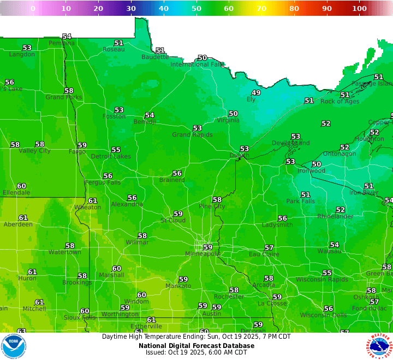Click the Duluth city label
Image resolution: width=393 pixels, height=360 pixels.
[x=240, y=156]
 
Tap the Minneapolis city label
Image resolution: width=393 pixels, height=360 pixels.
[x=203, y=254]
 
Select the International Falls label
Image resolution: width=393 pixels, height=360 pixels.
[x=197, y=64]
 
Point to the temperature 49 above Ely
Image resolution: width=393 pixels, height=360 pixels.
[x=255, y=93]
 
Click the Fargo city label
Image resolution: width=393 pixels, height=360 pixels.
[x=77, y=152]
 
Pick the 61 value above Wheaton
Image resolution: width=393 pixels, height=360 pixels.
[x=93, y=201]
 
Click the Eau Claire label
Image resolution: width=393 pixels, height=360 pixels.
[x=264, y=255]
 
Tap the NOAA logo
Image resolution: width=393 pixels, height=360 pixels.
[x=14, y=346]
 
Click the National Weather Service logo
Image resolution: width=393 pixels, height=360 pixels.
[x=379, y=346]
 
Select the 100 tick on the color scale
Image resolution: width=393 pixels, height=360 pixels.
[x=359, y=9]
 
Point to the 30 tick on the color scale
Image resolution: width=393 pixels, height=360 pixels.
[x=131, y=9]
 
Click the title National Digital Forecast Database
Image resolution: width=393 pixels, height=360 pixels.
[x=196, y=345]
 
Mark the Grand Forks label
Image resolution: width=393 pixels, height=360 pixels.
[x=64, y=97]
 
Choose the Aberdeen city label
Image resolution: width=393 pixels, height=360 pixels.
[x=18, y=225]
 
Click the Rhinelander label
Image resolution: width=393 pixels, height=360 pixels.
[x=336, y=216]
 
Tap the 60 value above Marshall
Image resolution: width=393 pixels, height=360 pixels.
[x=116, y=269]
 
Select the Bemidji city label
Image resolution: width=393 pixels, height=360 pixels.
[x=145, y=122]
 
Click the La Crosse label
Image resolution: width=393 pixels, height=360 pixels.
[x=271, y=303]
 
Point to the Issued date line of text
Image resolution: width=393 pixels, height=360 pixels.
[x=196, y=353]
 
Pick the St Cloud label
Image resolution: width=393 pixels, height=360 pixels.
[x=173, y=221]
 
